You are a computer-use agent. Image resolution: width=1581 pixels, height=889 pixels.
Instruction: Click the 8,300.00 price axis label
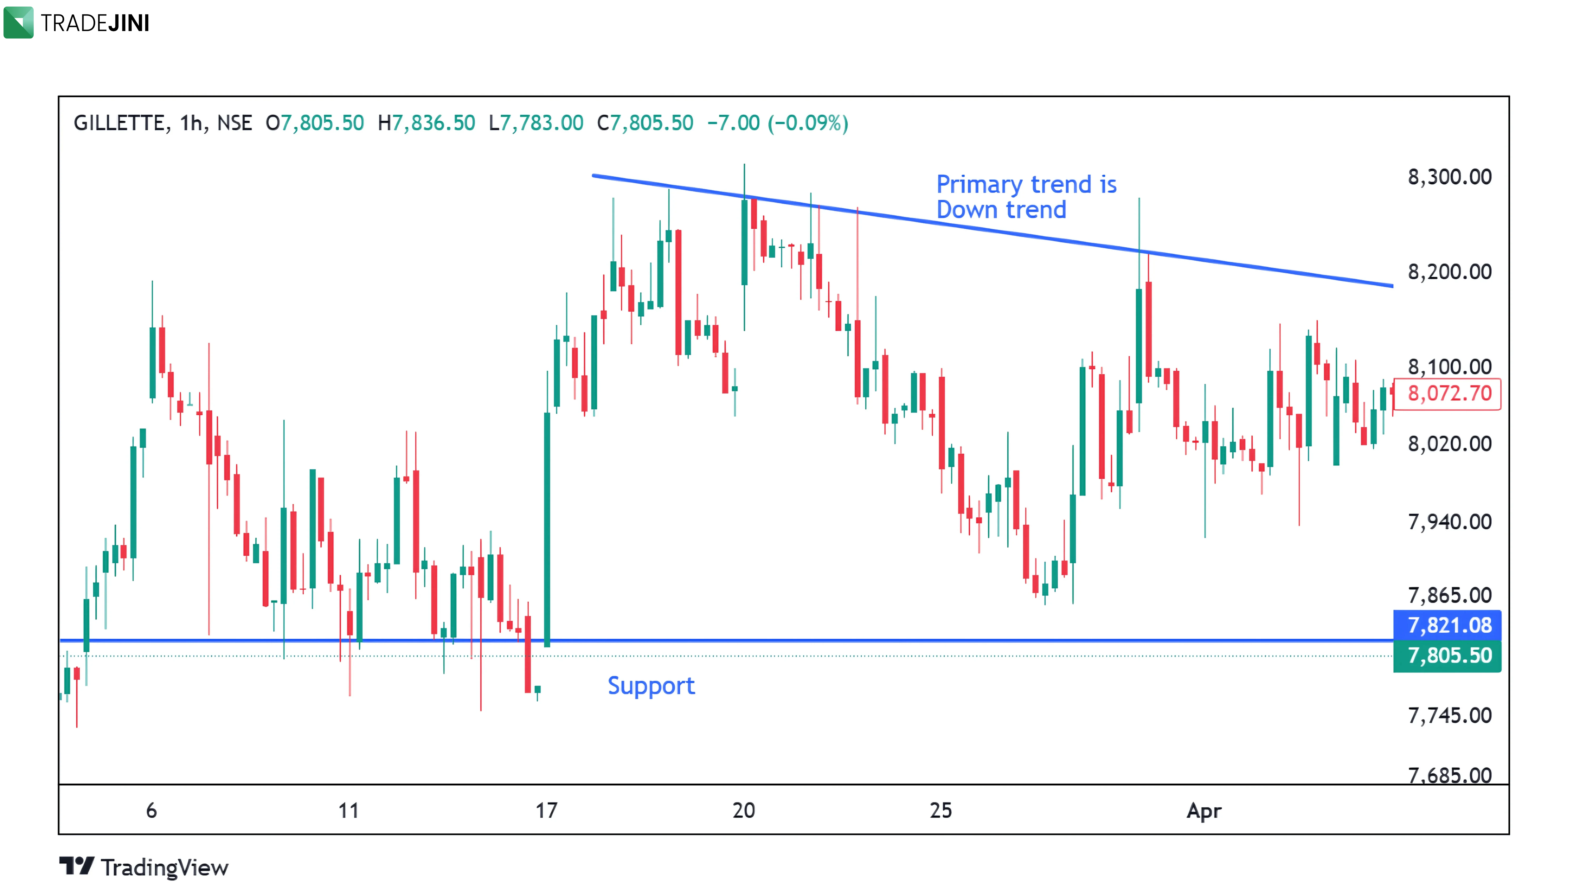click(1449, 177)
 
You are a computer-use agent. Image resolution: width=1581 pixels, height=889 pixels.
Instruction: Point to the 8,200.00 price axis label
click(1449, 272)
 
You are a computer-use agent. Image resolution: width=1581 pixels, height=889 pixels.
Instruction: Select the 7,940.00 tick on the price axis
click(1449, 522)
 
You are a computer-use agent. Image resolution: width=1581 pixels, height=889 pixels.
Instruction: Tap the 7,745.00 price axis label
click(1449, 715)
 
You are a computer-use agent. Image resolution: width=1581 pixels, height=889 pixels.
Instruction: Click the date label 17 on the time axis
click(546, 811)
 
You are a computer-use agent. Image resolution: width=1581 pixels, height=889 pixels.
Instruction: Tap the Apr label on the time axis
click(1204, 811)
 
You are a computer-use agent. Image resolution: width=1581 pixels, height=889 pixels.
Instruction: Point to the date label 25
click(940, 811)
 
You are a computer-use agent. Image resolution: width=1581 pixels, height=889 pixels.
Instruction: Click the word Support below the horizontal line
click(651, 686)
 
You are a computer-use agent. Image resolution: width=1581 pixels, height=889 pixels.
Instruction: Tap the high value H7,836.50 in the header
click(427, 123)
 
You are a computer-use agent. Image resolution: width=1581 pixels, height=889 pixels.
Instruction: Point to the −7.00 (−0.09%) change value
click(778, 123)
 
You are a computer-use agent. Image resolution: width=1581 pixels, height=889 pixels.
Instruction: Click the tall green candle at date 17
click(547, 528)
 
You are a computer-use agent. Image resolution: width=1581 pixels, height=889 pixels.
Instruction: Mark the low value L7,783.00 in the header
click(536, 123)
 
